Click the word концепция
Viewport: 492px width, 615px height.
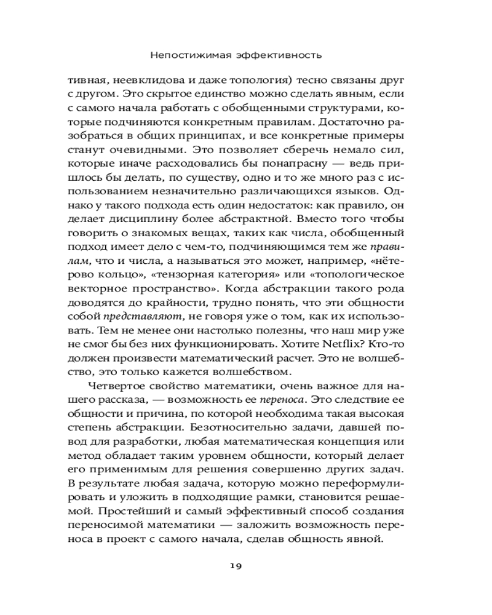[356, 446]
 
